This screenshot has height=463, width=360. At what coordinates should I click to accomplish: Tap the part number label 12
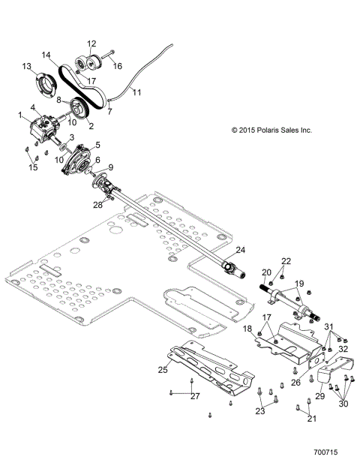tap(91, 43)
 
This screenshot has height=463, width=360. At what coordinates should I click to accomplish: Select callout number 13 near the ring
tap(26, 67)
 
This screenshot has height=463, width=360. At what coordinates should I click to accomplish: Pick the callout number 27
tap(195, 395)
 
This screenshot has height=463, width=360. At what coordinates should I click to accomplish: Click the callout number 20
tap(265, 272)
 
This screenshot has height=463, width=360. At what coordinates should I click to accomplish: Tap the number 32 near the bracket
tap(343, 348)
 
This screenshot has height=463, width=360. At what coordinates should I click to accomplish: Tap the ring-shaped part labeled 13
tap(45, 81)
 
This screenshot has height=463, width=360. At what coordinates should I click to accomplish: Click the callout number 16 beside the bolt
tap(117, 66)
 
